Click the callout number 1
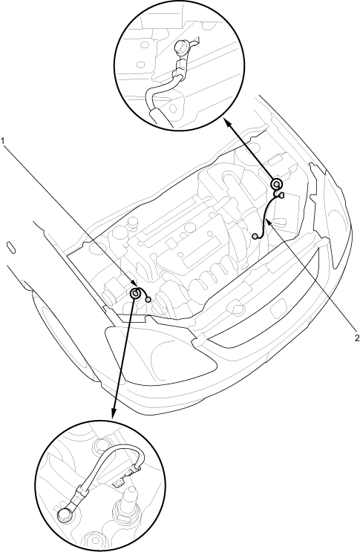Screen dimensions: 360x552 3,141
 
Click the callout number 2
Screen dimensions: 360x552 357,338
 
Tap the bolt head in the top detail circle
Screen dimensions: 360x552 180,47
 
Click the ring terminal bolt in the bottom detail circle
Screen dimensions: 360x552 64,515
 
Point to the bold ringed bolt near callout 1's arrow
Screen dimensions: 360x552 135,293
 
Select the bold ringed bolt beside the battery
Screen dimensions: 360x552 277,184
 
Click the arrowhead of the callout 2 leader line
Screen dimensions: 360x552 269,222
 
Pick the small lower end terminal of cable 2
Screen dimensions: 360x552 255,235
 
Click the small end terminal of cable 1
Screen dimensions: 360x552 148,299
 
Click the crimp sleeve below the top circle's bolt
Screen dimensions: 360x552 180,65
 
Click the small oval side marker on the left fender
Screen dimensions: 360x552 12,247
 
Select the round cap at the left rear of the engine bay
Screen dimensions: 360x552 133,223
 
